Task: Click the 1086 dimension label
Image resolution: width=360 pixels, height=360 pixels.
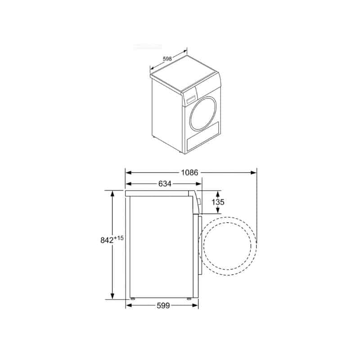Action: click(189, 172)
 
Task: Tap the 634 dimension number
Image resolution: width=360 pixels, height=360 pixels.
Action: click(165, 184)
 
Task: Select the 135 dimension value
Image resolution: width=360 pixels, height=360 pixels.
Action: click(218, 202)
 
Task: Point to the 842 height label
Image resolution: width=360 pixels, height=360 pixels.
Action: click(107, 240)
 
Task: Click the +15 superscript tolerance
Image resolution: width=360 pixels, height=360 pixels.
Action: click(119, 238)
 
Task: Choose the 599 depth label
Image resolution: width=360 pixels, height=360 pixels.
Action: click(163, 306)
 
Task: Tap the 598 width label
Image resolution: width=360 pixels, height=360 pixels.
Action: click(167, 59)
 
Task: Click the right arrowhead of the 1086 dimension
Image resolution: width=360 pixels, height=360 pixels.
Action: click(253, 172)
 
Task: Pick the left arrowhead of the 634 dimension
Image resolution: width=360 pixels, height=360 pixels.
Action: click(129, 184)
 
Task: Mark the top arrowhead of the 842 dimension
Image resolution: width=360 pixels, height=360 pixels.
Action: click(112, 193)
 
